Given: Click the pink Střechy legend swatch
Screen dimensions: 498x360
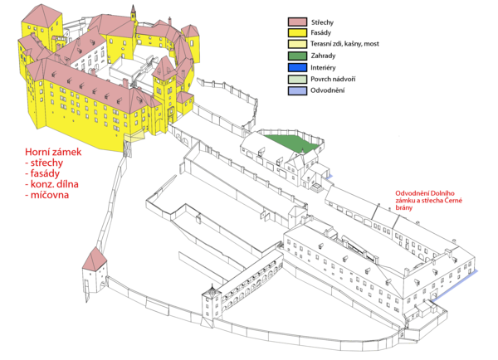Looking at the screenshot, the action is [x=297, y=22].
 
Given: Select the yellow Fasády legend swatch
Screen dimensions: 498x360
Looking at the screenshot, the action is [x=297, y=33].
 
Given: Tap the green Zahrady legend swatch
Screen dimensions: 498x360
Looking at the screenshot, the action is [x=297, y=56].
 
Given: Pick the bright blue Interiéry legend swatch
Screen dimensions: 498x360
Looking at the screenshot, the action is [x=297, y=67].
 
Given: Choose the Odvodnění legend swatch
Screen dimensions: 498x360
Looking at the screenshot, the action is [x=297, y=90].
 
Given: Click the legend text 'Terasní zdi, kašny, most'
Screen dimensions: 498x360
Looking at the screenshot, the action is [x=345, y=44].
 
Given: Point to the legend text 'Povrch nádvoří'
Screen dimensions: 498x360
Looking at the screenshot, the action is [x=333, y=79].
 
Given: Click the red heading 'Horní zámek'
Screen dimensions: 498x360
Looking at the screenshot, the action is [x=53, y=152].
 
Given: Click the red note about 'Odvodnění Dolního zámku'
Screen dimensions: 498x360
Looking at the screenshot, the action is [x=428, y=200].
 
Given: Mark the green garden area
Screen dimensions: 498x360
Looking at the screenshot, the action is [x=291, y=143].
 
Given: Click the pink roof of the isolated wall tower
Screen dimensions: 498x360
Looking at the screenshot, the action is [x=95, y=259].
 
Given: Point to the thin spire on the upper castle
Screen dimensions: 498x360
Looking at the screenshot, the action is [x=134, y=13].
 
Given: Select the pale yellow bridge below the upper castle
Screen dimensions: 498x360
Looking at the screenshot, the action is [x=134, y=137].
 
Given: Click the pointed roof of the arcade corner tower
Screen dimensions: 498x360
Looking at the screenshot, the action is [x=211, y=289].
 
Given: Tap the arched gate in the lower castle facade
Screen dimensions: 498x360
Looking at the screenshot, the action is [x=433, y=295].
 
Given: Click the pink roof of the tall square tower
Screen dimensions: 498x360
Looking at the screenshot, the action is [x=41, y=16].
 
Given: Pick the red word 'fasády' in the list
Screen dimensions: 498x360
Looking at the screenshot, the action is [x=45, y=173].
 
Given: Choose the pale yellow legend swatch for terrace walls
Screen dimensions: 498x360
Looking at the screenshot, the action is [x=297, y=45].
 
